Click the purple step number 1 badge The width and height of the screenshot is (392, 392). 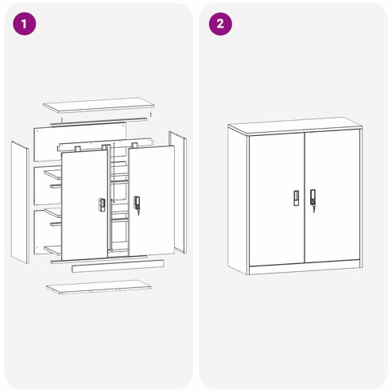pos(25,24)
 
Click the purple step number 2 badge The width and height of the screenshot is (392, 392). pos(220,24)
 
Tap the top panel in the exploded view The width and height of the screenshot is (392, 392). pos(99,105)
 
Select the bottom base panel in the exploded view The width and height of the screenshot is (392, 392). pos(99,287)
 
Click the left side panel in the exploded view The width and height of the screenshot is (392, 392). pos(20,203)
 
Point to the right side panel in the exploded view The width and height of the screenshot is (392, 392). pos(178,192)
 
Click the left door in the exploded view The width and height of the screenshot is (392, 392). pos(84,205)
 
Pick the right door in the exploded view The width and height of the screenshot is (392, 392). pos(152,201)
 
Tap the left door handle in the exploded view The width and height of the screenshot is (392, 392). pos(102,204)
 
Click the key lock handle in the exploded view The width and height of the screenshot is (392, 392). pos(137,204)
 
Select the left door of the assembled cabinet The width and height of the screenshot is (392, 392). pos(277,199)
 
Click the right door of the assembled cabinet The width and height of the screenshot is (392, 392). pos(332,196)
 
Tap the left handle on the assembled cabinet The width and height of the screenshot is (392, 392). pos(296,198)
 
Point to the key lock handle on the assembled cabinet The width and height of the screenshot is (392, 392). pos(313,200)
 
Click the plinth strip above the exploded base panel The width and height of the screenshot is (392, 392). pos(118,266)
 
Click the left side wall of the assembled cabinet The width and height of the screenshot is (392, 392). pos(238,200)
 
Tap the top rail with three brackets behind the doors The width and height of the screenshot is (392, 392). pos(106,145)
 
